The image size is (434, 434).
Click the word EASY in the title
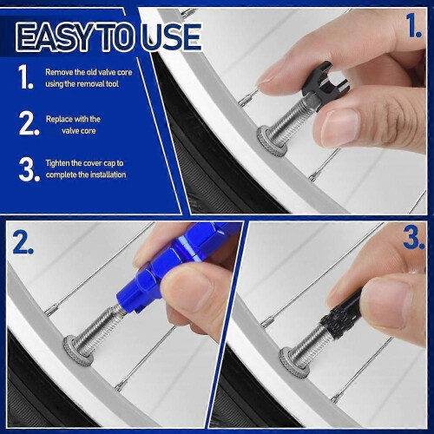tap(56, 37)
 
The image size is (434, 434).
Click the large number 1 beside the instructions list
tap(26, 76)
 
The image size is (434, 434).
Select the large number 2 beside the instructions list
tap(29, 123)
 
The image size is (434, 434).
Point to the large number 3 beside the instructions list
tap(30, 169)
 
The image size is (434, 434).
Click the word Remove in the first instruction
tap(59, 72)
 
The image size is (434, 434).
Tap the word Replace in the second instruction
tap(59, 119)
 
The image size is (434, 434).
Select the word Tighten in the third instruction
tap(57, 163)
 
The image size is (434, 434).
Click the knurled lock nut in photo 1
tap(272, 141)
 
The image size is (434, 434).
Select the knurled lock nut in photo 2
tap(78, 351)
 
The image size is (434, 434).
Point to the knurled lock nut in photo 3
tap(294, 363)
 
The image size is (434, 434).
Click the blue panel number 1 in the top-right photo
tap(414, 26)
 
